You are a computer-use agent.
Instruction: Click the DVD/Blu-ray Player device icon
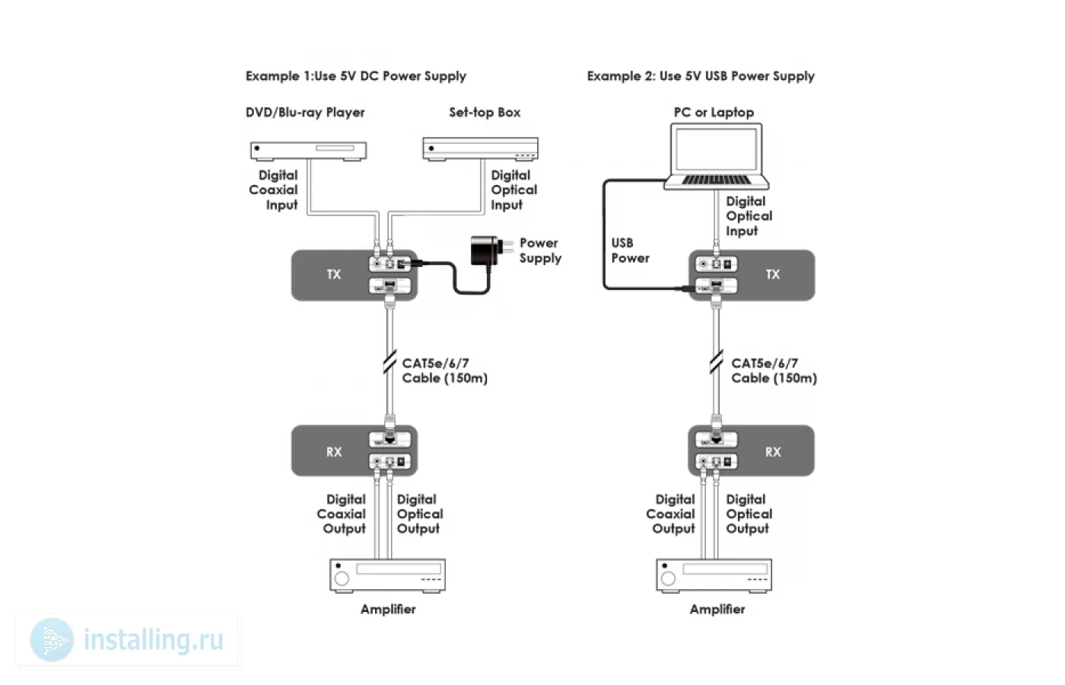309,151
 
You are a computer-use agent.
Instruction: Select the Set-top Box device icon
481,149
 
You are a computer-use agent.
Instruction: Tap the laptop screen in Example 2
716,149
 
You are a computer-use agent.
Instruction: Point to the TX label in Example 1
334,275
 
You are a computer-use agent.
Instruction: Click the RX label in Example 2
773,452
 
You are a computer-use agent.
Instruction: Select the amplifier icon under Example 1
387,575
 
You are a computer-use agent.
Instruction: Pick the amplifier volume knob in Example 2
668,578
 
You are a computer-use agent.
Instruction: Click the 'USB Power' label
630,250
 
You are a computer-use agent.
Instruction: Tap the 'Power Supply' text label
540,250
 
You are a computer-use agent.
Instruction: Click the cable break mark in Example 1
389,362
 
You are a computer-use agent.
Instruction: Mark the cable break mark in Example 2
716,362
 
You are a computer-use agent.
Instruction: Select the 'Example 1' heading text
356,76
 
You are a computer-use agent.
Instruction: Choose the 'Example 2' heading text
701,76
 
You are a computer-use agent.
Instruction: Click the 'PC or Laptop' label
714,113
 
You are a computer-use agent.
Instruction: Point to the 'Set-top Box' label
485,113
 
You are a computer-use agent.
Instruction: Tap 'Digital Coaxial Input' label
273,190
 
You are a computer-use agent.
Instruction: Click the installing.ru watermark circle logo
52,640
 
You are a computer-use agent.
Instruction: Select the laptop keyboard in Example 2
716,180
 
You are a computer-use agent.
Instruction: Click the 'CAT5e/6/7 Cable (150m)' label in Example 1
444,371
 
